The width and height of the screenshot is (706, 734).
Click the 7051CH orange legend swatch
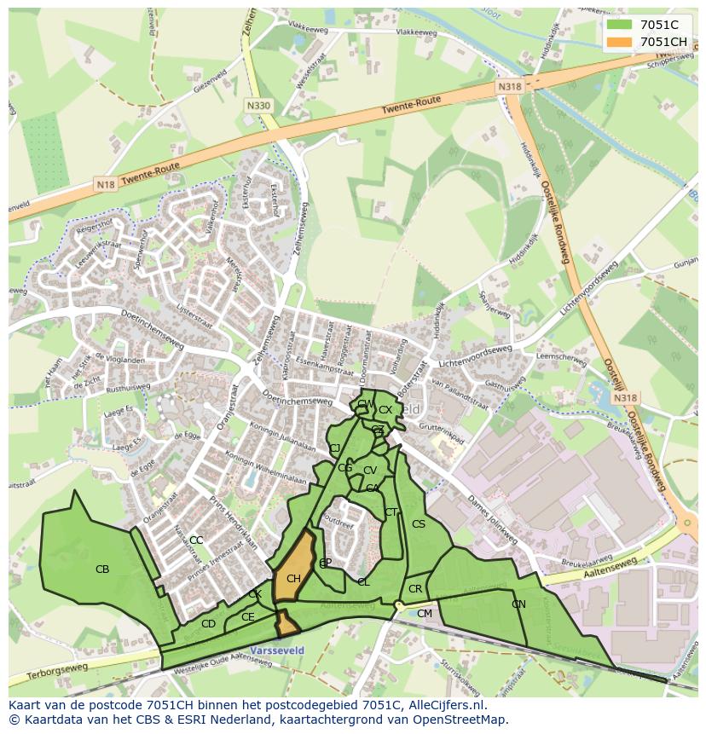click(x=621, y=41)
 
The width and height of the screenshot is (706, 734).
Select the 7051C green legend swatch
click(x=621, y=25)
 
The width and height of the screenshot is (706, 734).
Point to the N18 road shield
click(x=105, y=184)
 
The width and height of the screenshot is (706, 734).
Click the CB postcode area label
click(x=102, y=569)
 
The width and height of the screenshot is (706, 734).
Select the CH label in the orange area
click(x=293, y=580)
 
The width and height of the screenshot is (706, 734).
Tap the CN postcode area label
click(x=518, y=604)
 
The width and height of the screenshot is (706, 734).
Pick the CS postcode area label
click(x=418, y=524)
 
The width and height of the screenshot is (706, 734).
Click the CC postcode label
click(x=196, y=540)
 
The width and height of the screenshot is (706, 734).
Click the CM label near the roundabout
click(x=424, y=614)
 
